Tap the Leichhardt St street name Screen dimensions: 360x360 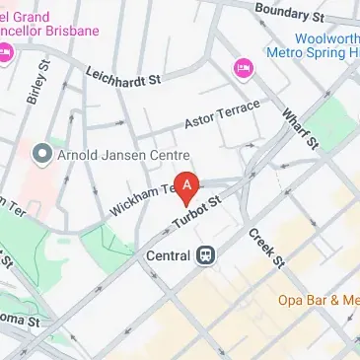pos(122,74)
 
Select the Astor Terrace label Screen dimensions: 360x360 pos(222,114)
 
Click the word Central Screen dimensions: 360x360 pos(169,252)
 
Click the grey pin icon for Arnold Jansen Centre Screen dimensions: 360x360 pos(41,153)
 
